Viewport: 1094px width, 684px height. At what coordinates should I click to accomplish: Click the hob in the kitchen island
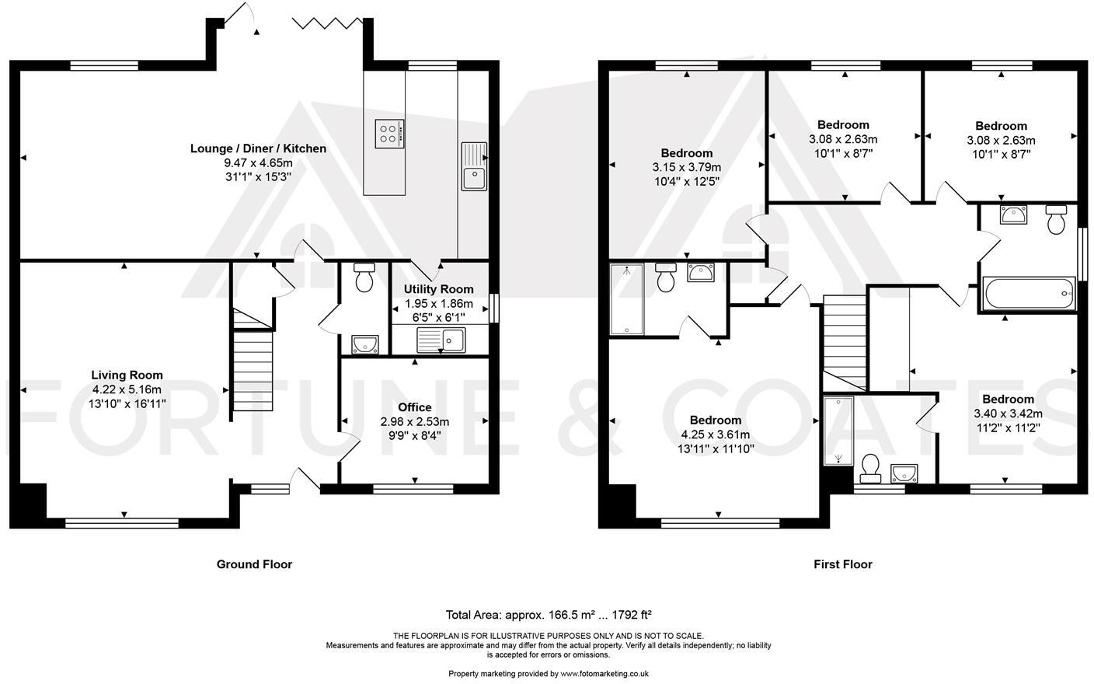(x=388, y=133)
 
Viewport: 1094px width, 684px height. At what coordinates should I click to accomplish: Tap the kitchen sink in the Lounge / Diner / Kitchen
(x=473, y=166)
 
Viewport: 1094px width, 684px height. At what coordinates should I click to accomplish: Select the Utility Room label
(x=438, y=289)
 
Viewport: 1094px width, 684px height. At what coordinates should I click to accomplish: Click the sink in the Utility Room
(x=441, y=339)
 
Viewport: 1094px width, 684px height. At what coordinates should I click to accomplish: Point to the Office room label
(x=414, y=407)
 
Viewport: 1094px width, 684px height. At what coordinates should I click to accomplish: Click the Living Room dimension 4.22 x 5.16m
(x=127, y=389)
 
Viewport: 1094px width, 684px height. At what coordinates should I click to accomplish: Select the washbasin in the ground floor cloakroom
(x=364, y=343)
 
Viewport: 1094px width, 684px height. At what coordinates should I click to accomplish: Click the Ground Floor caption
(x=254, y=564)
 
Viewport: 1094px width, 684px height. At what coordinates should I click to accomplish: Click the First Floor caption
(x=842, y=564)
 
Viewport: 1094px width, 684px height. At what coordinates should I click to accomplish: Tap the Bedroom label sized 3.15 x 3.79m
(x=686, y=153)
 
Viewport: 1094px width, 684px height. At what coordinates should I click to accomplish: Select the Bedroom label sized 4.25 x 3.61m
(x=715, y=421)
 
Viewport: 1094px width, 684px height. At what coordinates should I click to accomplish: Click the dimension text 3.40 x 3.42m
(x=1007, y=414)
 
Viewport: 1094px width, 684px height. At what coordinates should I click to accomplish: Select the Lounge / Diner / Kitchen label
(x=258, y=148)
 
